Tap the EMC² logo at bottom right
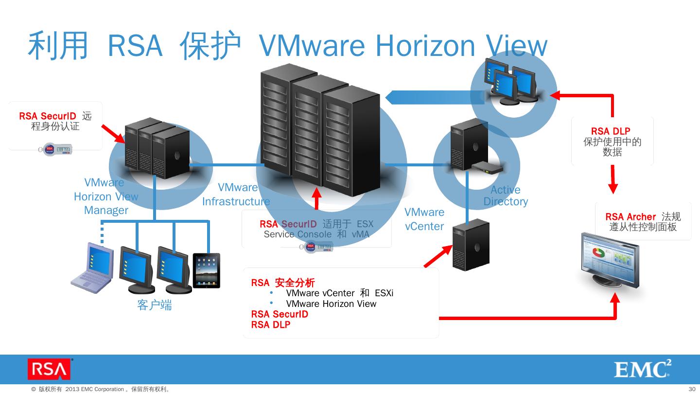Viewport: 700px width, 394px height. tap(642, 370)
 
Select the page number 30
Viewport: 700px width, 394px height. tap(692, 389)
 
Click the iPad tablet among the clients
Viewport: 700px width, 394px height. tap(207, 270)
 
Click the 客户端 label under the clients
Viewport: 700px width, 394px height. tap(155, 305)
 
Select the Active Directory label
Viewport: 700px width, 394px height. tap(506, 196)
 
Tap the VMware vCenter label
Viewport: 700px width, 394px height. tap(424, 219)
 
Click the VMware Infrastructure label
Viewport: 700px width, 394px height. tap(236, 195)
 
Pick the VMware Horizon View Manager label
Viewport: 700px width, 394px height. tap(105, 197)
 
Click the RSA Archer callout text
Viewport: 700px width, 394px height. tap(643, 222)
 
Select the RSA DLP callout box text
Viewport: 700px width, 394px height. tap(612, 142)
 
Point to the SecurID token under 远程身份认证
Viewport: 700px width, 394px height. tap(55, 149)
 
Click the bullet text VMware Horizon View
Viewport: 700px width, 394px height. tap(331, 304)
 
